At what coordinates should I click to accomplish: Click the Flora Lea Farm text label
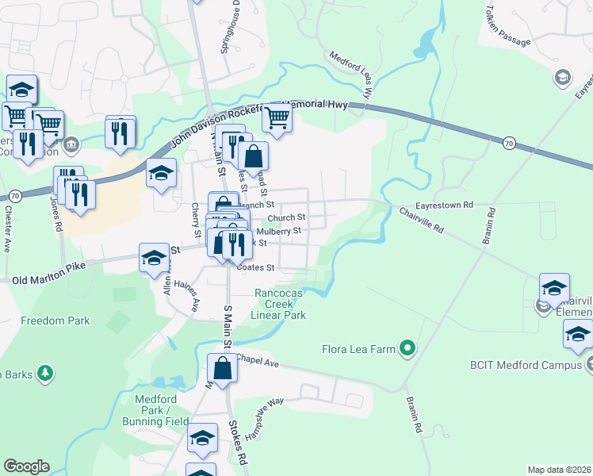point(359,348)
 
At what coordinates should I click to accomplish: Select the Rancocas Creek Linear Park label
point(278,304)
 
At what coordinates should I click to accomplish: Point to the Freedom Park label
point(55,321)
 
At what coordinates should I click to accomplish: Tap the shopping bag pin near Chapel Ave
point(223,369)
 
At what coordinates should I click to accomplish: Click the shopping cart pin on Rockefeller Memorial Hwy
point(277,117)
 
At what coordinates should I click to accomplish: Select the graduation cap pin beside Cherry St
point(161,175)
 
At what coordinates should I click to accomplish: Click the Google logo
point(26,466)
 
